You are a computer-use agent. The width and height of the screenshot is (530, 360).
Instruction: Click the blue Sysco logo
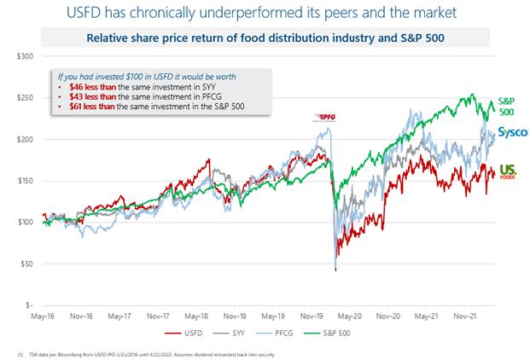513,133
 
